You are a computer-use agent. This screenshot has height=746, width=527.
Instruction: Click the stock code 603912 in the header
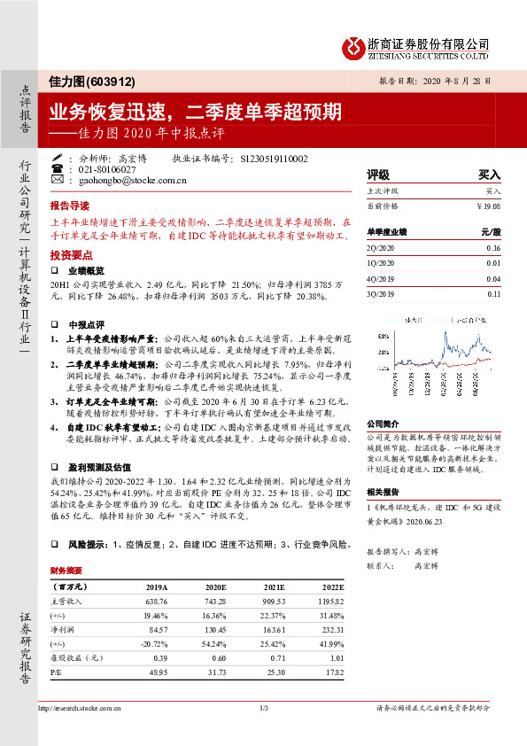pos(111,81)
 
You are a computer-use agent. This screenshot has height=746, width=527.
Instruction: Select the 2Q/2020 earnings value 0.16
pos(493,250)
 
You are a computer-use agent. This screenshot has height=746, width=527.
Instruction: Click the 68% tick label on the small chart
pos(382,338)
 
